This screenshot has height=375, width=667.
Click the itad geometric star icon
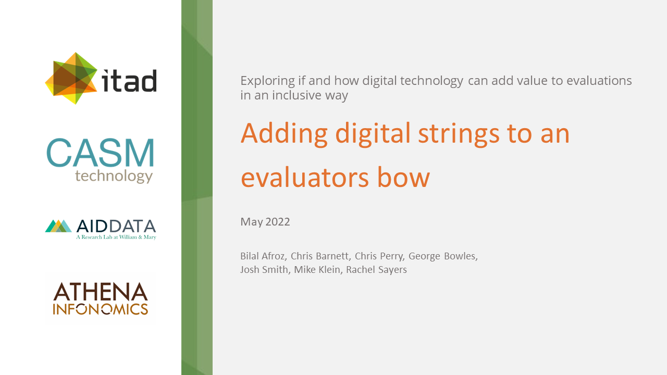coord(71,78)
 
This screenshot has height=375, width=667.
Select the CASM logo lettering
coord(101,153)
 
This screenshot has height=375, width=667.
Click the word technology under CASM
coord(114,176)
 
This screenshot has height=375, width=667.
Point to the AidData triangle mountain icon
coord(58,226)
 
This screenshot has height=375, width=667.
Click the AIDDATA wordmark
coord(116,226)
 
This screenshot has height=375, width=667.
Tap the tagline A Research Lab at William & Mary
coord(116,237)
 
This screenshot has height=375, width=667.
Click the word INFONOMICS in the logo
coord(101,309)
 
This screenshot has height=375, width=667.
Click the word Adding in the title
coord(284,133)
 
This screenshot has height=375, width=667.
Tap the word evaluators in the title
coord(302,178)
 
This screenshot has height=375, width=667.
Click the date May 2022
coord(265,222)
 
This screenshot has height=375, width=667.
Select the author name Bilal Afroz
coord(262,256)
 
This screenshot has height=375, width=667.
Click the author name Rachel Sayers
coord(376,269)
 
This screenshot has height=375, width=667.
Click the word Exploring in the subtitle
coord(265,81)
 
